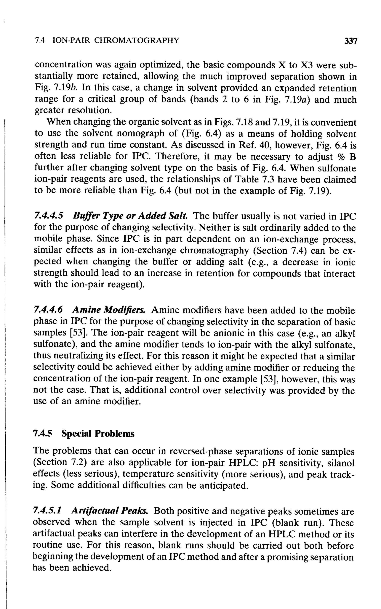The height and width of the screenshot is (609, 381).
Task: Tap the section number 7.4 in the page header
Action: click(x=40, y=40)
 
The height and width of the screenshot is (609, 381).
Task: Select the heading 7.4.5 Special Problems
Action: click(x=84, y=434)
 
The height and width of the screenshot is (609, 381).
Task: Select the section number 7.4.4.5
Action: click(x=48, y=216)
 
